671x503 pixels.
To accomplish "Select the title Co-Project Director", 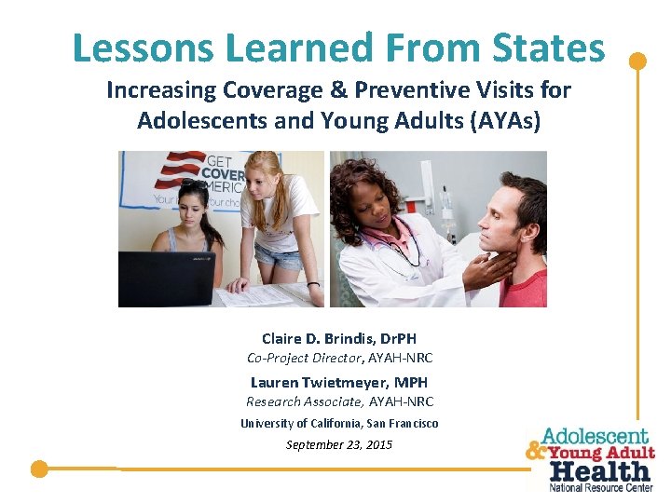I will click(305, 358).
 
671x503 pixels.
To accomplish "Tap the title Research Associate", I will click(305, 401).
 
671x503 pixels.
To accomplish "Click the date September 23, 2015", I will click(338, 444).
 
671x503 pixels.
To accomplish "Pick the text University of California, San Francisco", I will click(338, 423).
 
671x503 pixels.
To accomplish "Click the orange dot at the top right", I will click(637, 61).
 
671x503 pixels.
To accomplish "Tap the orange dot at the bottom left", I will click(38, 469).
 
